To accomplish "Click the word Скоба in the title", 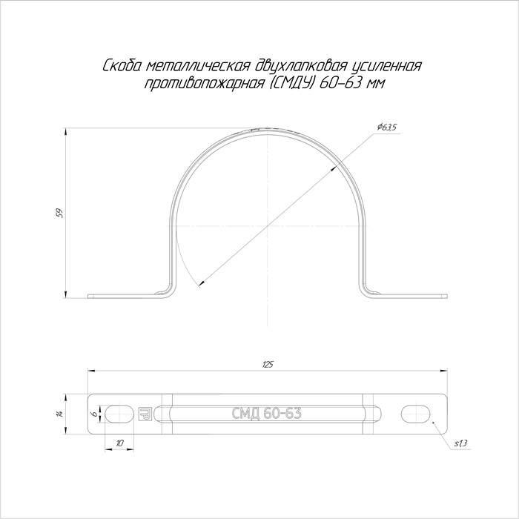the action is click(122, 66).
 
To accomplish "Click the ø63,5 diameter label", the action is click(386, 128).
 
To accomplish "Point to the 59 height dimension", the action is click(59, 213).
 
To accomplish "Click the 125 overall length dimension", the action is click(268, 365).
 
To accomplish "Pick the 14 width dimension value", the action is click(59, 414).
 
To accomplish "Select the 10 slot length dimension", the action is click(120, 443).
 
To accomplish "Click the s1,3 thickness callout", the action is click(460, 444).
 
